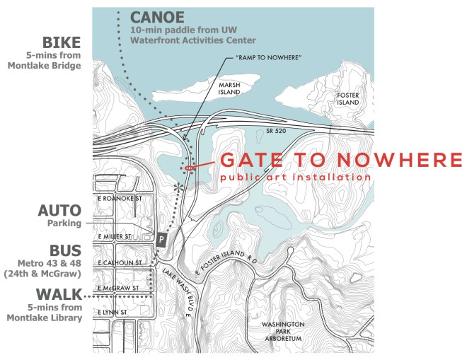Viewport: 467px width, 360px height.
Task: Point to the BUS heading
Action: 64,250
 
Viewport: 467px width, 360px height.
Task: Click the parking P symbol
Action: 161,240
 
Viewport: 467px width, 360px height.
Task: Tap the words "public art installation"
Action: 295,176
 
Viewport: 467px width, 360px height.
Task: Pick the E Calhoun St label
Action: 121,262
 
